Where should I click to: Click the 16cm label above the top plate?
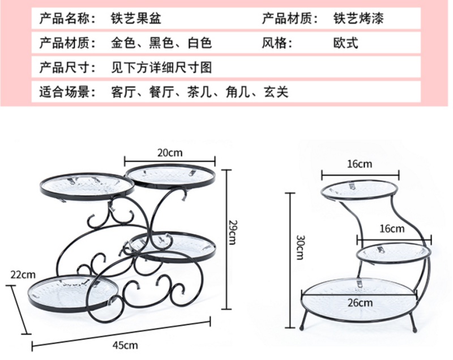(x=360, y=164)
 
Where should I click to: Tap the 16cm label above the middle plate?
(x=392, y=229)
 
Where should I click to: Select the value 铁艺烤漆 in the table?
(x=358, y=18)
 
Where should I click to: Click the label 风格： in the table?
(x=277, y=43)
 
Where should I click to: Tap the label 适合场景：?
(x=66, y=92)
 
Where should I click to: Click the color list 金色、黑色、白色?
(x=162, y=43)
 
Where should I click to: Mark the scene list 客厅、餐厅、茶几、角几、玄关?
(x=200, y=92)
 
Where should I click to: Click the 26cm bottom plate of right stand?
(x=360, y=294)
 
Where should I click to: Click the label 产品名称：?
(x=66, y=18)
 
